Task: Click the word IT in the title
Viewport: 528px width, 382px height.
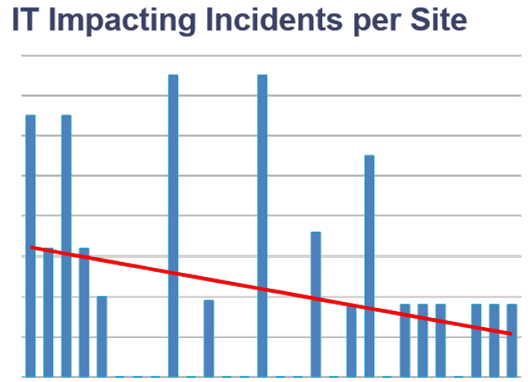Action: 23,19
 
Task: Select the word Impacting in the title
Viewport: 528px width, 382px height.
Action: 108,21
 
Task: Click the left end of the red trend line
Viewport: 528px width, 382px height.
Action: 32,248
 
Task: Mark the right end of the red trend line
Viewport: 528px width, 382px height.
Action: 511,334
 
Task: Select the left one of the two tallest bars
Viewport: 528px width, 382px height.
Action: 173,225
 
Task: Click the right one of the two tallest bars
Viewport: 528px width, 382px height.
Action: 262,225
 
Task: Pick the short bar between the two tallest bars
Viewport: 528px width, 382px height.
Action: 209,338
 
